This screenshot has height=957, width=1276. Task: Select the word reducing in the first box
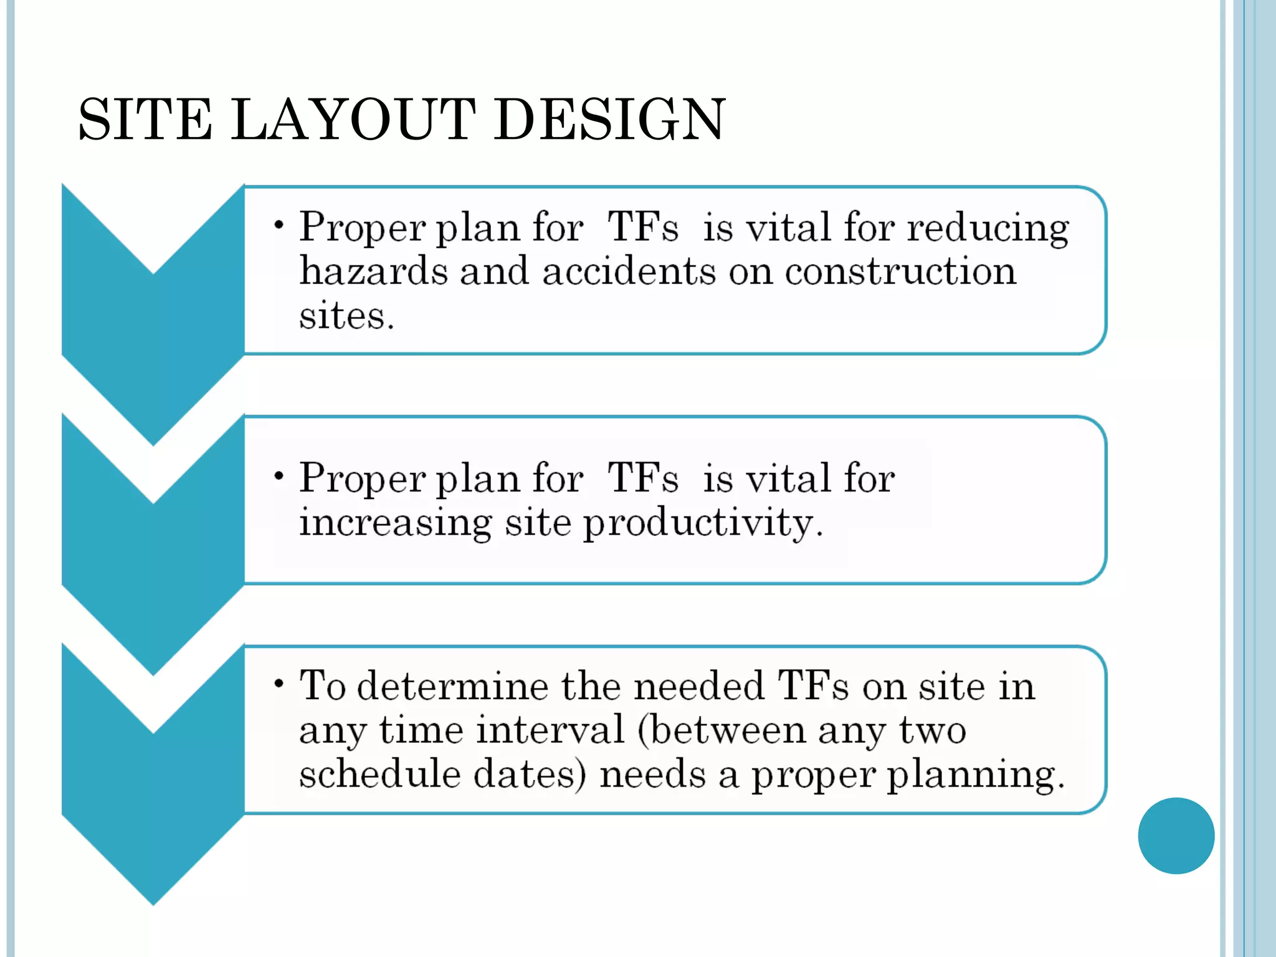click(x=988, y=229)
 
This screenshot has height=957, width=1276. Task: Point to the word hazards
click(x=373, y=272)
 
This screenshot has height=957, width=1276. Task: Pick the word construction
click(x=900, y=272)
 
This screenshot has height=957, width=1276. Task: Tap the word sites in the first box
click(x=346, y=316)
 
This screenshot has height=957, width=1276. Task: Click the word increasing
click(x=395, y=523)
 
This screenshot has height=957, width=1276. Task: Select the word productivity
click(x=702, y=523)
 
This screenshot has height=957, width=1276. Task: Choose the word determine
click(x=453, y=687)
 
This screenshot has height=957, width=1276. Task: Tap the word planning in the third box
click(x=975, y=776)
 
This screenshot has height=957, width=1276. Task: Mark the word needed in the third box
click(x=698, y=687)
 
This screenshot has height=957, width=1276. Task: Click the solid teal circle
click(x=1176, y=836)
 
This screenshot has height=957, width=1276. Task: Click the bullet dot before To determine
click(x=279, y=683)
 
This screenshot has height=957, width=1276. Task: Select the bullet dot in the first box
click(x=279, y=224)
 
